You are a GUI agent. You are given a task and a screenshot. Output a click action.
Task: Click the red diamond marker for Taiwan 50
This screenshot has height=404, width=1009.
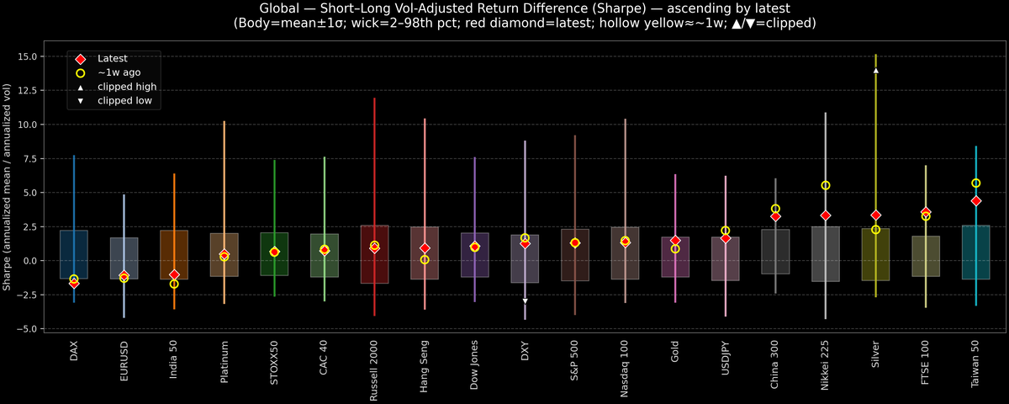tap(976, 201)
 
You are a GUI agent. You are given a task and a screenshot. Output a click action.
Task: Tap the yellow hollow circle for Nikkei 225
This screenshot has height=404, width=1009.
tap(826, 185)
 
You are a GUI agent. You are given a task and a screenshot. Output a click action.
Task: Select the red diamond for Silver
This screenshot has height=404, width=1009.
tap(876, 215)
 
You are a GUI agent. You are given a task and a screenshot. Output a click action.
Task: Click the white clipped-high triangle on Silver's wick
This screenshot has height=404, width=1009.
tap(876, 71)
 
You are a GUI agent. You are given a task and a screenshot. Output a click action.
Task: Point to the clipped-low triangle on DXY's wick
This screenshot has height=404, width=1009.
tap(525, 300)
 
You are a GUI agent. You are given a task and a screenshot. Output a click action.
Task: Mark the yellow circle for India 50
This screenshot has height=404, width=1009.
tap(174, 284)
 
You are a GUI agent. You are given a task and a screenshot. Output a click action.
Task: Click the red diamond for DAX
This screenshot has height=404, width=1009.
tap(74, 283)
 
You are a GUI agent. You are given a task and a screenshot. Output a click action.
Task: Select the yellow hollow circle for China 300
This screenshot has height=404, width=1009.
tap(775, 209)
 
